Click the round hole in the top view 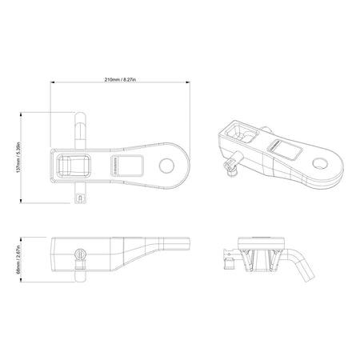pos(168,166)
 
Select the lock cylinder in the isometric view pos(229,167)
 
